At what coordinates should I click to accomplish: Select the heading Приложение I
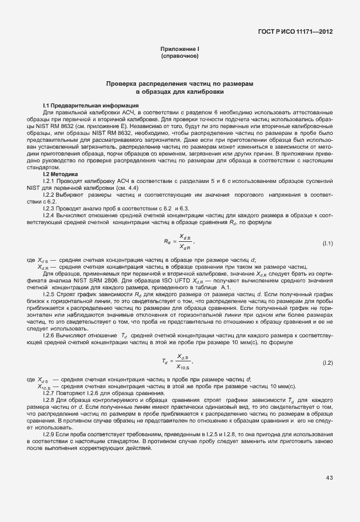pos(180,50)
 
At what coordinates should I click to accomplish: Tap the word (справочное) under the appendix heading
pos(180,57)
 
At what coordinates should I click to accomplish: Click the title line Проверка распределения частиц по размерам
pos(180,83)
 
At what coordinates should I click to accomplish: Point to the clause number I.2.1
pos(50,181)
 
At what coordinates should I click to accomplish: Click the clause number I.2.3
pos(50,208)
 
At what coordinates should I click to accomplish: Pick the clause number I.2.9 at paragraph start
pos(50,435)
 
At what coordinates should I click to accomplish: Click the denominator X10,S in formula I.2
pos(184,367)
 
